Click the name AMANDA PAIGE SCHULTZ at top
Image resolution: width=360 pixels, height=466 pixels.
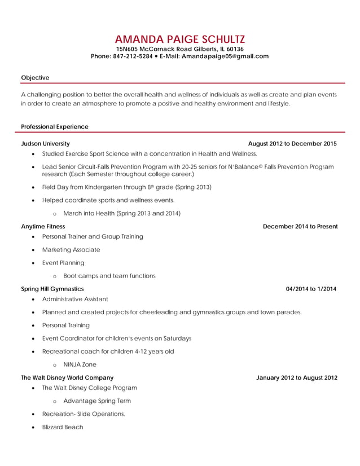179,39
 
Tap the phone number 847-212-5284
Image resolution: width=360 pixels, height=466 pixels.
133,56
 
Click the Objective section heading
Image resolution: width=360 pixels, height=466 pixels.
35,77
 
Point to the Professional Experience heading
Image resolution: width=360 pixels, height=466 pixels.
54,126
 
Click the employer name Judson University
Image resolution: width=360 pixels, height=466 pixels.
45,144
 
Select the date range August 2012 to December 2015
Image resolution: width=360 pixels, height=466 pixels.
292,144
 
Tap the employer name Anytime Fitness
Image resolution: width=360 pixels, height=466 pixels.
43,226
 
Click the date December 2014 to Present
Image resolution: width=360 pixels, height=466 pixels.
300,226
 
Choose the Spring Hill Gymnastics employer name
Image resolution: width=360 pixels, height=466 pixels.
52,289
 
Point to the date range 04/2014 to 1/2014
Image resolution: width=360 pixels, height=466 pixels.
311,289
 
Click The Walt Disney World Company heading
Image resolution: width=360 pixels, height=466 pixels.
67,377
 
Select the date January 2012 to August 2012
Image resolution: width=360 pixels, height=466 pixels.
296,377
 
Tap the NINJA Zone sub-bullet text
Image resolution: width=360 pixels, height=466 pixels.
80,364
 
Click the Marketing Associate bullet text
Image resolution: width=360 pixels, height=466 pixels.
71,249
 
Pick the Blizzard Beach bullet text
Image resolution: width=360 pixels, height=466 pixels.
63,427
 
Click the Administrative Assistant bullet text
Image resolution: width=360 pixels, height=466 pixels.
75,298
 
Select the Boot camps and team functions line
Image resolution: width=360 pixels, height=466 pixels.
109,276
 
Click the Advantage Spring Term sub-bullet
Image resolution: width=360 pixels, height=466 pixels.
97,401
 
